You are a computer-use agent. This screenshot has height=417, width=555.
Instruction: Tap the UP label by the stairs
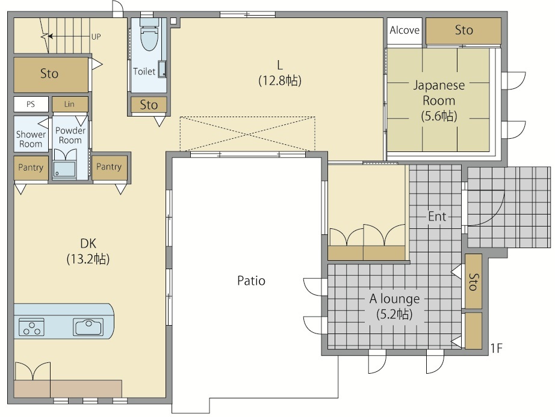pos(96,37)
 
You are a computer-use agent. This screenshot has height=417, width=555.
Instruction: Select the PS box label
pos(31,105)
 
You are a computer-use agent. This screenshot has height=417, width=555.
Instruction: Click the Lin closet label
pos(69,104)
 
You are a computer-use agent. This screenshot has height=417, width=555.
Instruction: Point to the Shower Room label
pos(31,139)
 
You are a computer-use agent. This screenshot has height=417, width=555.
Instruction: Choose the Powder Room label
pos(70,135)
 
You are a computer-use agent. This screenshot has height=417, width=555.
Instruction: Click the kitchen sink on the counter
pos(88,326)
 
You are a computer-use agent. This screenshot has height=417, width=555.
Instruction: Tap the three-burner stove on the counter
pos(31,326)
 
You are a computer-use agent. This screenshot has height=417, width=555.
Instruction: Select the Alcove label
pos(405,30)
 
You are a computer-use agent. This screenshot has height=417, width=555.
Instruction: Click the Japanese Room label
pos(439,93)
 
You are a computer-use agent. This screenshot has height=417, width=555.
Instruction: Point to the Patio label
pos(251,281)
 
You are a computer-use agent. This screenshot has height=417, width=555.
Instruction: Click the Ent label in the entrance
pos(437,216)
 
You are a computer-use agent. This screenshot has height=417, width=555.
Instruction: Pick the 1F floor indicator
pos(496,349)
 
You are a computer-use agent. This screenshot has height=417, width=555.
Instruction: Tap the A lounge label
pos(395,299)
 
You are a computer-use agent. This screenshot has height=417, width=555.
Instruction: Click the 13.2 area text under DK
pos(88,259)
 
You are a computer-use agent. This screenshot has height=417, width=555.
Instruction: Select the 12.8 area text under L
pos(280,81)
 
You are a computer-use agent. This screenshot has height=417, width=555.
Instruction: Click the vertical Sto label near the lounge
pos(473,282)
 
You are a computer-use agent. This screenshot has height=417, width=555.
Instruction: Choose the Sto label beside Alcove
pos(464,30)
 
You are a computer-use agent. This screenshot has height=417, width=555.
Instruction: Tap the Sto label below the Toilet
pos(149,105)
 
